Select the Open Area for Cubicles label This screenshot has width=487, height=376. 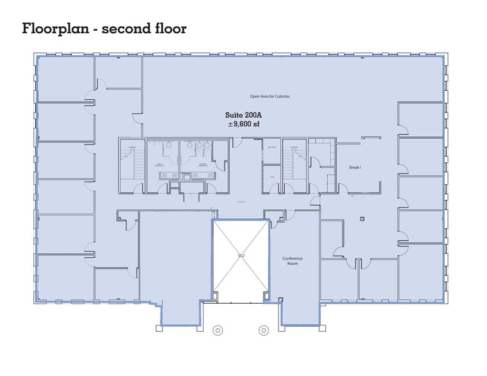[269, 97]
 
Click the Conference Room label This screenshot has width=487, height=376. [292, 262]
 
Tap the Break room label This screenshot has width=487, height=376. [355, 167]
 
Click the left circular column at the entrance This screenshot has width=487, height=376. [218, 331]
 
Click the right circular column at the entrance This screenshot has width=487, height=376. [263, 331]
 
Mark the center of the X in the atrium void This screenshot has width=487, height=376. [241, 256]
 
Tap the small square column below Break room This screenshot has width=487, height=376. [362, 219]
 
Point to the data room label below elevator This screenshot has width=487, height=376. [271, 176]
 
